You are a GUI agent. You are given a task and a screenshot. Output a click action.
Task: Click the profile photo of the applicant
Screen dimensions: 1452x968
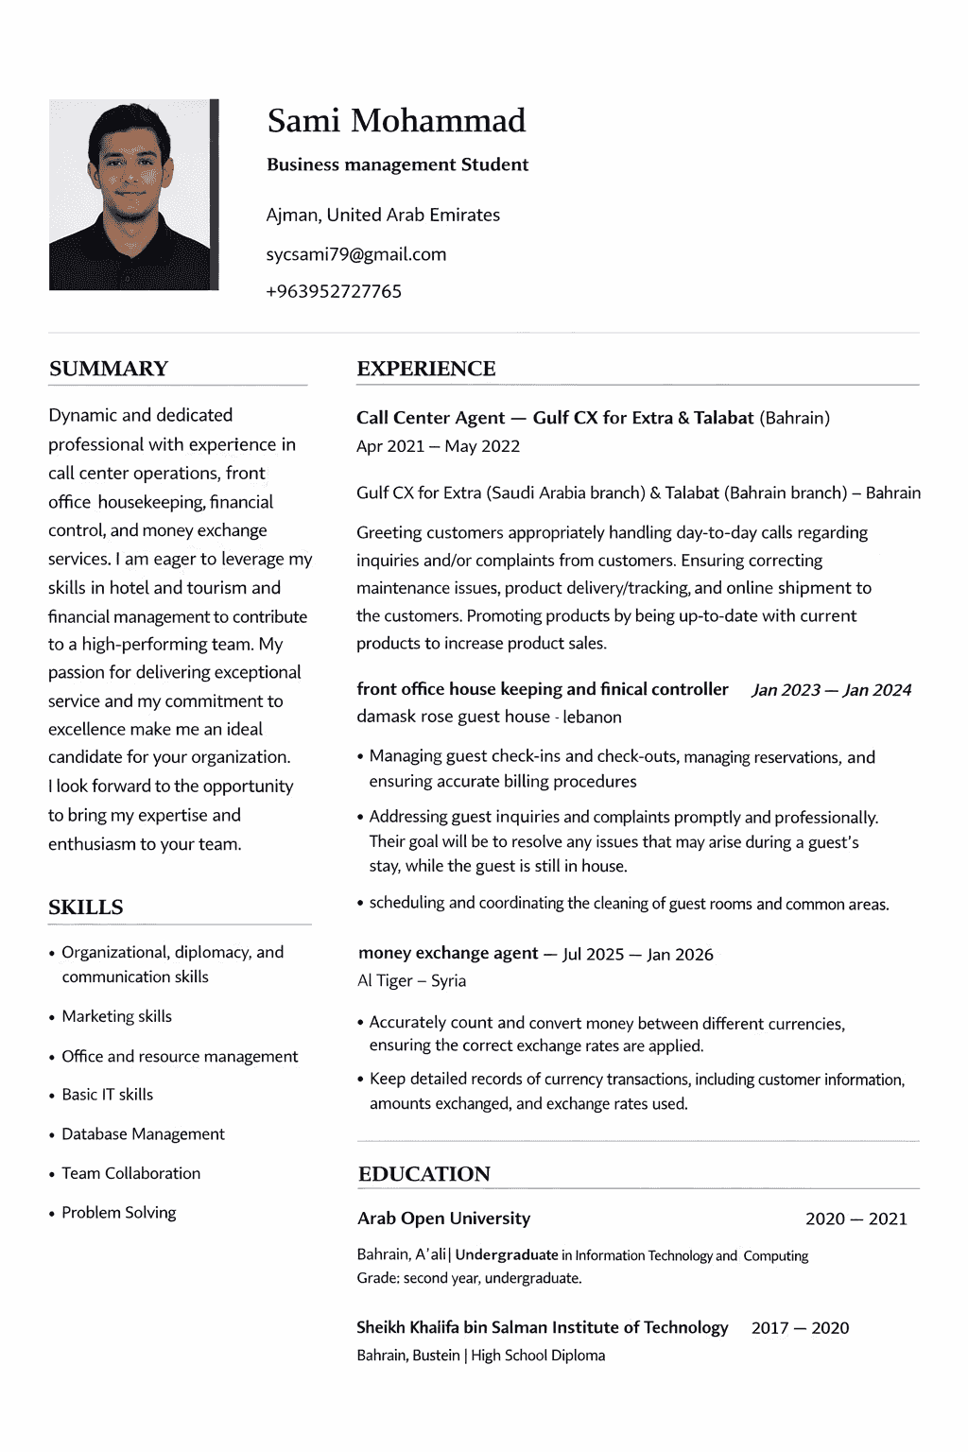133,195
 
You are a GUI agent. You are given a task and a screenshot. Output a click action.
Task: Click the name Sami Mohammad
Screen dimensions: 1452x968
396,121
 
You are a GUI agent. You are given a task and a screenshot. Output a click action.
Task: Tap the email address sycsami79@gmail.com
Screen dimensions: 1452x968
355,254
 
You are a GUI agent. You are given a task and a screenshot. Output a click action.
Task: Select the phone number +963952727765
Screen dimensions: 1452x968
334,291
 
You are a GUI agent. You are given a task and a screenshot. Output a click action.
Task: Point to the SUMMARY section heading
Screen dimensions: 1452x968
109,369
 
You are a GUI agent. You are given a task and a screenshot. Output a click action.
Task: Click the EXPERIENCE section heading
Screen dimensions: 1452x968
425,369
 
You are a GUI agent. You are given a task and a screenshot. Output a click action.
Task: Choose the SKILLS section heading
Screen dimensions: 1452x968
86,907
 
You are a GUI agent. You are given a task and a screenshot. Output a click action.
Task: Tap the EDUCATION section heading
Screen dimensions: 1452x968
423,1174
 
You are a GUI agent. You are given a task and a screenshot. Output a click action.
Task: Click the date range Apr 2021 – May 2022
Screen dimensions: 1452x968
438,446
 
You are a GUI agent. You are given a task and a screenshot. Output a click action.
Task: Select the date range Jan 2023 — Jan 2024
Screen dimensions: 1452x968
831,690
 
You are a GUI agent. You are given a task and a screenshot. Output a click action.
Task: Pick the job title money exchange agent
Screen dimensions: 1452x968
448,953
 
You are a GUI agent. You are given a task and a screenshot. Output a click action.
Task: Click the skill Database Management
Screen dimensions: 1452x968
143,1133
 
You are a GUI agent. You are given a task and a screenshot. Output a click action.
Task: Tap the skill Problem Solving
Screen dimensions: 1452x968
118,1212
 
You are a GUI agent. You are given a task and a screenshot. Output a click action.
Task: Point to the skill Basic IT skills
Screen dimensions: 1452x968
107,1094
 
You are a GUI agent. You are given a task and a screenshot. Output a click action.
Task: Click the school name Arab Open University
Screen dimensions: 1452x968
443,1219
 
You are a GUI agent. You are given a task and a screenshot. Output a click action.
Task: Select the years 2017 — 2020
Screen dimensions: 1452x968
800,1328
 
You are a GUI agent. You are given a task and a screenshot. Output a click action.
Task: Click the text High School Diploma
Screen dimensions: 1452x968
538,1356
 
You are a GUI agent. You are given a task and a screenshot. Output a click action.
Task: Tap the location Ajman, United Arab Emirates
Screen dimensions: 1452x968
383,215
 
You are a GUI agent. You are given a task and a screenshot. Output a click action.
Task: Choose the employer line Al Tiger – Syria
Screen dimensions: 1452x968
411,980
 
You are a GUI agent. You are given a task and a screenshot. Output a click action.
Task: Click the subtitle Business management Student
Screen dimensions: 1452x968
397,164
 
